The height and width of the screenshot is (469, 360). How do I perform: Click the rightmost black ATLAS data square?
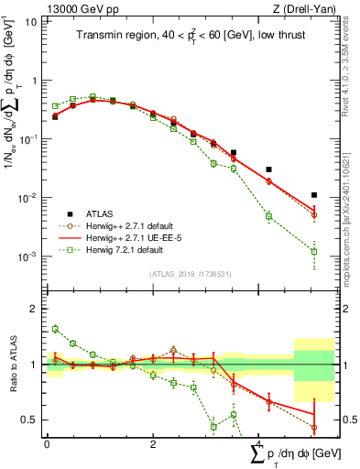pyautogui.click(x=314, y=195)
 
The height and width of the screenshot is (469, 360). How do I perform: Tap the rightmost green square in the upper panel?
pyautogui.click(x=314, y=251)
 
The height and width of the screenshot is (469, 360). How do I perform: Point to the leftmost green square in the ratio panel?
pyautogui.click(x=55, y=329)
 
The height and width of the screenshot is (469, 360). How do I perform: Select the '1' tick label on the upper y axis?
pyautogui.click(x=36, y=81)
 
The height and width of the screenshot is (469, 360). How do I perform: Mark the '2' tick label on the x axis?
pyautogui.click(x=152, y=444)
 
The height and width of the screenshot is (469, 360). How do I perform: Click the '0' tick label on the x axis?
pyautogui.click(x=47, y=444)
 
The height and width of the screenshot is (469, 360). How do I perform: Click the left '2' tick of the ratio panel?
pyautogui.click(x=36, y=310)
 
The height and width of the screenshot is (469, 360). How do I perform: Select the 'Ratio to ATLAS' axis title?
pyautogui.click(x=11, y=364)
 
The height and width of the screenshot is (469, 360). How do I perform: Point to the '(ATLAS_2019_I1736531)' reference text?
pyautogui.click(x=190, y=274)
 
